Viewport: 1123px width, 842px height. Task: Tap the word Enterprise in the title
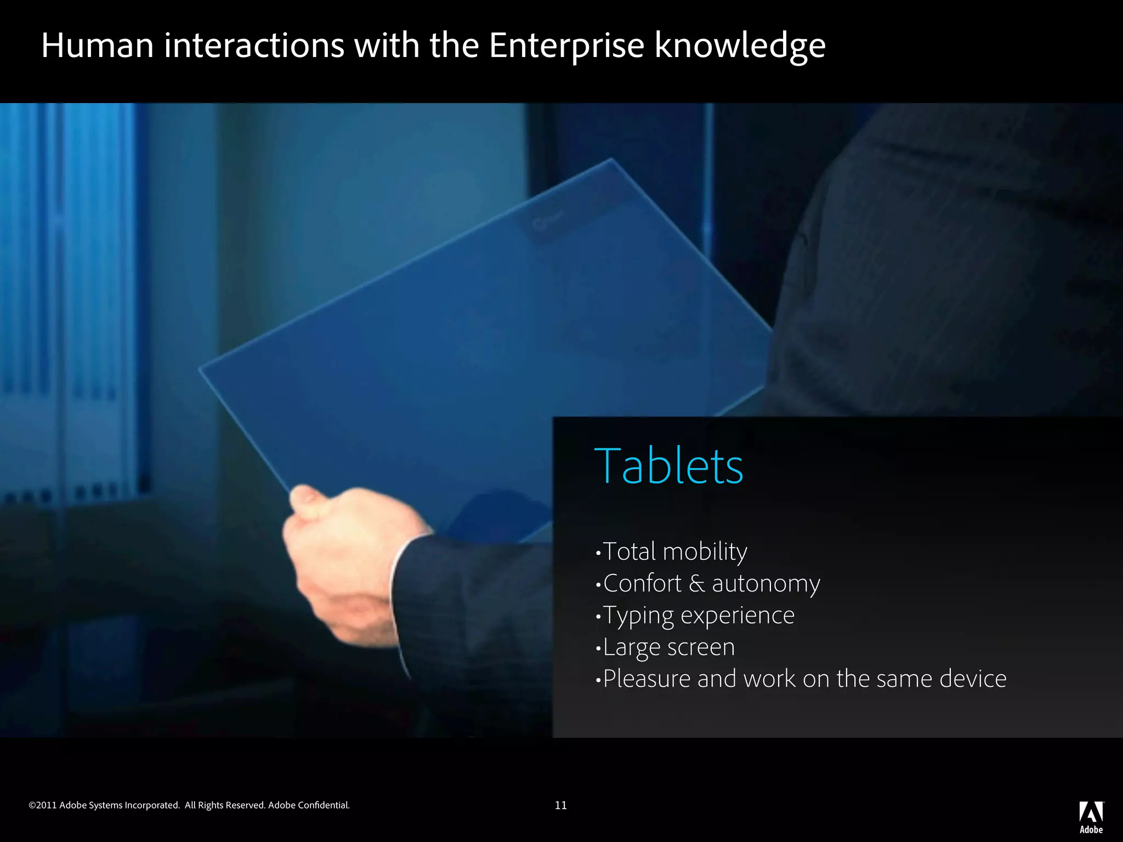pyautogui.click(x=566, y=46)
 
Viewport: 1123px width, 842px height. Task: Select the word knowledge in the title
pyautogui.click(x=740, y=46)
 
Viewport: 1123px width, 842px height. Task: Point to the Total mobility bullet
pyautogui.click(x=674, y=551)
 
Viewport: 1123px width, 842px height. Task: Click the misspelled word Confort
pyautogui.click(x=642, y=583)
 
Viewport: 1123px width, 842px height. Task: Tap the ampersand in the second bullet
pyautogui.click(x=696, y=584)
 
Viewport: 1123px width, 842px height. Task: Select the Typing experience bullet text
pyautogui.click(x=699, y=616)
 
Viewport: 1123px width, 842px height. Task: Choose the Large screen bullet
pyautogui.click(x=668, y=647)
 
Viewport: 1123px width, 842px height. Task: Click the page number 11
pyautogui.click(x=560, y=805)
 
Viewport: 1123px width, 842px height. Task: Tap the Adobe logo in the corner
pyautogui.click(x=1091, y=817)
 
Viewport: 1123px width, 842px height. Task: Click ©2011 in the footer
pyautogui.click(x=43, y=805)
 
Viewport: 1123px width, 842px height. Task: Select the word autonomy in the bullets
pyautogui.click(x=765, y=584)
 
